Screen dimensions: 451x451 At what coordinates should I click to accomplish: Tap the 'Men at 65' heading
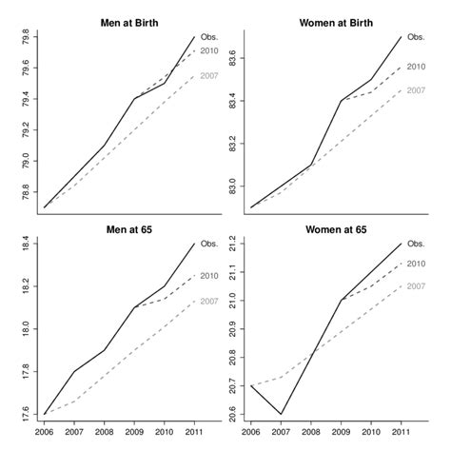point(119,230)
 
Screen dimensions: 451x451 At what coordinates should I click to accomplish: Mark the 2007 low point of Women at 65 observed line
point(281,414)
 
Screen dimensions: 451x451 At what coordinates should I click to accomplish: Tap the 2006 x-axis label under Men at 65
point(44,430)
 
